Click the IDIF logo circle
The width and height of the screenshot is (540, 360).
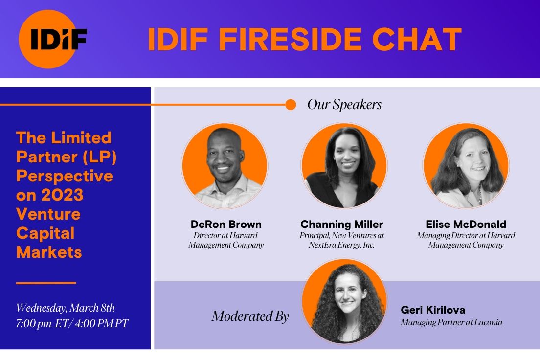48,39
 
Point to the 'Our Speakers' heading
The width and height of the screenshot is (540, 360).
344,105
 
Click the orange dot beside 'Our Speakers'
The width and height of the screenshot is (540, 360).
291,105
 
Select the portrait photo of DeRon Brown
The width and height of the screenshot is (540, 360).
225,166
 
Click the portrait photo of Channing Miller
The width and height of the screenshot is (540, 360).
344,166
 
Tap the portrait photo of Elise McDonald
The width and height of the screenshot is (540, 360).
466,166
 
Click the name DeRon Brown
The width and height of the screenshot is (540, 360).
226,225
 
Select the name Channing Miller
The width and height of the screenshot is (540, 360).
342,225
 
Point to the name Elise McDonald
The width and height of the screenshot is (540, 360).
466,225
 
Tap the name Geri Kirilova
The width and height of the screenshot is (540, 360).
433,310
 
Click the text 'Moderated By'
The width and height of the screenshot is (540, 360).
250,316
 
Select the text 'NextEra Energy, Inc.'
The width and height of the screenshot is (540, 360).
341,245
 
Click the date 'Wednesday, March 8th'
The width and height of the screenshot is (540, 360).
66,308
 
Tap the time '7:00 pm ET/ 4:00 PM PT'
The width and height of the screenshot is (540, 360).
71,323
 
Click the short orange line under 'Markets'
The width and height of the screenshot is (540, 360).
46,282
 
